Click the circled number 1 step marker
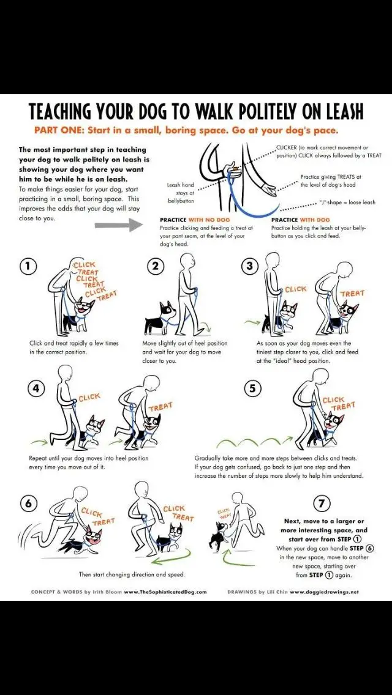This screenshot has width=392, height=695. pyautogui.click(x=28, y=266)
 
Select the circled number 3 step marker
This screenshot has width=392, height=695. pyautogui.click(x=249, y=266)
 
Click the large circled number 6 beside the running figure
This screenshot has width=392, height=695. pyautogui.click(x=28, y=503)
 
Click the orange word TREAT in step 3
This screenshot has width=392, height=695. pyautogui.click(x=352, y=294)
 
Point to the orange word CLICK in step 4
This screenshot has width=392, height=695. pyautogui.click(x=89, y=398)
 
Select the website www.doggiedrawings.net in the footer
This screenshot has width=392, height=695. pyautogui.click(x=324, y=592)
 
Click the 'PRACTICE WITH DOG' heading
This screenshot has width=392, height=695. pyautogui.click(x=300, y=220)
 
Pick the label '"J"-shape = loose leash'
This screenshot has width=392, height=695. pyautogui.click(x=347, y=203)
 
